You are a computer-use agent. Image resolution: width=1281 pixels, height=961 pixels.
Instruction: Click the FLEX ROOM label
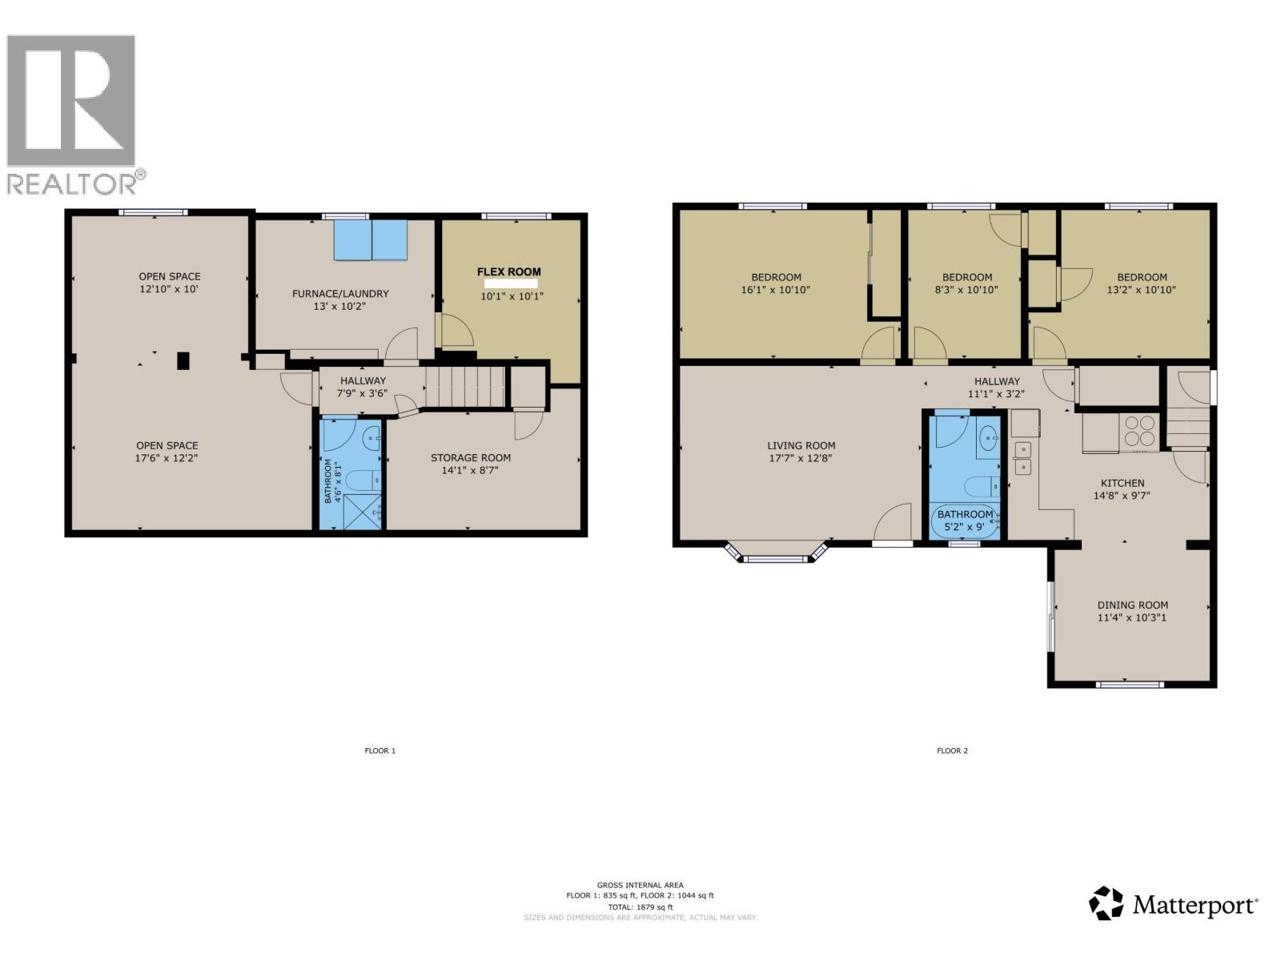[x=509, y=271]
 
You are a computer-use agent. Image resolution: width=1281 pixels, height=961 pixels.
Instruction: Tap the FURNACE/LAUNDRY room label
[x=340, y=294]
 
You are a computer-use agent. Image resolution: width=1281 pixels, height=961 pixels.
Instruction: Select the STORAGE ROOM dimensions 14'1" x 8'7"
[x=471, y=471]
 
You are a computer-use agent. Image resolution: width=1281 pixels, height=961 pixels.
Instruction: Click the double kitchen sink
[x=1022, y=457]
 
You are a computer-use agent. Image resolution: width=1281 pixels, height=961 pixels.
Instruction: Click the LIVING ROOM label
[x=801, y=446]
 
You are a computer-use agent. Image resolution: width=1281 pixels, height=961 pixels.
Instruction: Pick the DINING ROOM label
[x=1132, y=605]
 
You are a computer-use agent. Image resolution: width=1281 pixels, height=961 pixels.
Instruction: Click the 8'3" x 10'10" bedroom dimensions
[x=966, y=290]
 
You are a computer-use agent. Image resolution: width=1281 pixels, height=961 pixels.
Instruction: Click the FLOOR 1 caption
[x=380, y=751]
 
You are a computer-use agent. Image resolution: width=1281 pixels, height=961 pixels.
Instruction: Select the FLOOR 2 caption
[x=952, y=751]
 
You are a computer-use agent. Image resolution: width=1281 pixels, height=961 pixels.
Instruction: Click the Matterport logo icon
[x=1106, y=903]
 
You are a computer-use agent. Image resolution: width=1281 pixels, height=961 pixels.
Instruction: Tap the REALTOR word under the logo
[x=72, y=184]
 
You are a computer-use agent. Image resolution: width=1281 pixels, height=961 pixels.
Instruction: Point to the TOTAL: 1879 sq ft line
[x=640, y=907]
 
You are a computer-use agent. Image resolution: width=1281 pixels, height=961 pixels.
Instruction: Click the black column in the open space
[x=183, y=360]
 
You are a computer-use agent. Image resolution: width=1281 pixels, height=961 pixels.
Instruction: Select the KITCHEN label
[x=1122, y=483]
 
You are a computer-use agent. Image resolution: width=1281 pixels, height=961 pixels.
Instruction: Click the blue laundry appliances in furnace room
[x=371, y=239]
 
